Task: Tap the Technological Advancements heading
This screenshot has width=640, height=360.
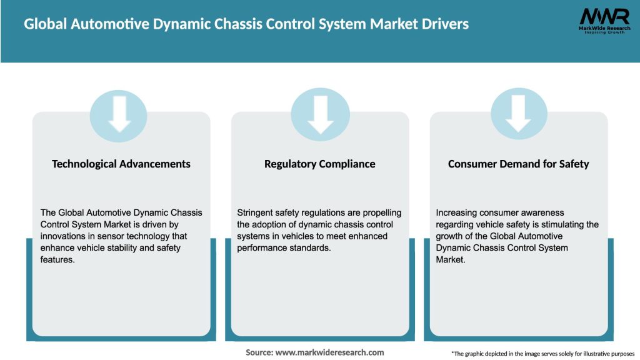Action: [121, 164]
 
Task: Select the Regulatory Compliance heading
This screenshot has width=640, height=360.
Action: [320, 164]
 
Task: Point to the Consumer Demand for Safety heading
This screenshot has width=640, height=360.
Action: [519, 164]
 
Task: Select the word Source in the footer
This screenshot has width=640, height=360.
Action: [259, 352]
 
